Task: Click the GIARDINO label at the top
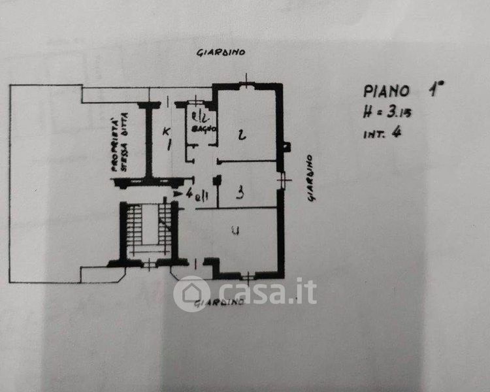(221, 52)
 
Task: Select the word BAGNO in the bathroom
(199, 129)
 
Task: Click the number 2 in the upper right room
(242, 135)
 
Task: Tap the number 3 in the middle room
(240, 193)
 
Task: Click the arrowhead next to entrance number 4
(177, 193)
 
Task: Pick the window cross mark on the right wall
(282, 178)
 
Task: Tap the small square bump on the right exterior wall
(286, 146)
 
